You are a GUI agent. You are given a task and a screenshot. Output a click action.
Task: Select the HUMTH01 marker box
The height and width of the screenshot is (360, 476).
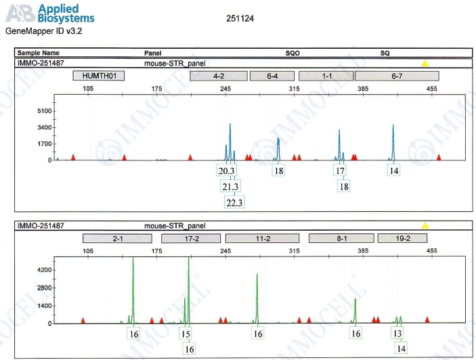tap(99, 76)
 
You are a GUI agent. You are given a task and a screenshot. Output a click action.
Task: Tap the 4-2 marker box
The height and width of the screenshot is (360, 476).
tap(219, 76)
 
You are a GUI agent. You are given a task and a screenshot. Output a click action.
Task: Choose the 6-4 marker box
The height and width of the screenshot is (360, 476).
tap(272, 76)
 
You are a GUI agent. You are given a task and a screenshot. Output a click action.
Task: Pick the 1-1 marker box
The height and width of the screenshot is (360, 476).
tap(325, 76)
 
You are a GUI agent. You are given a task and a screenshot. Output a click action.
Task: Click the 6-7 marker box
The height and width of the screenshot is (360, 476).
tap(397, 76)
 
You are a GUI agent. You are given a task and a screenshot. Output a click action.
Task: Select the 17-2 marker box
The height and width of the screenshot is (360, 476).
tap(191, 238)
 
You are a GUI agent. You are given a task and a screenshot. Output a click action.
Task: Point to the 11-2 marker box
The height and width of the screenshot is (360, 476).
tap(263, 238)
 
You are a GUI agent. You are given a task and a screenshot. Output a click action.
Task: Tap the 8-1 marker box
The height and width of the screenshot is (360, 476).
tap(341, 238)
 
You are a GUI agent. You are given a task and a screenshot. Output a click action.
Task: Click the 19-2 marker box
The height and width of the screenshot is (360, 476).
tap(403, 238)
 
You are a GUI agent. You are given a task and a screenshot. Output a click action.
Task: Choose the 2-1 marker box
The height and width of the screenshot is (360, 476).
tap(117, 238)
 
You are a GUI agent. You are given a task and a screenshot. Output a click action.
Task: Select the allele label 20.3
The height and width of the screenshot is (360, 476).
tap(226, 171)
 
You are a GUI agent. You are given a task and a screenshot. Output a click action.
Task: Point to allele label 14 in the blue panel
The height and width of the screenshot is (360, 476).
tap(394, 171)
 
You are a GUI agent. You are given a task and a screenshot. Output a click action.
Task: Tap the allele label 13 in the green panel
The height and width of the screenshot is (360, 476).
tap(397, 334)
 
